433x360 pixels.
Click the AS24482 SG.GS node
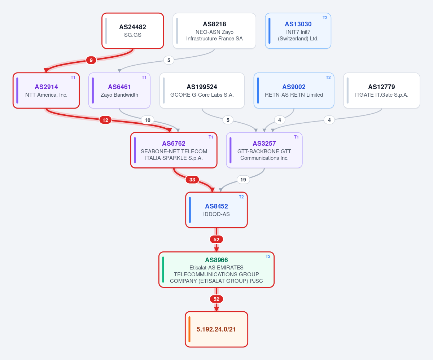pos(133,31)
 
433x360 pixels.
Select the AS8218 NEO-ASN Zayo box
pos(214,31)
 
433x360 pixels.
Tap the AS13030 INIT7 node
pos(298,31)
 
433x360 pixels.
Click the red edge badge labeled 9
pos(91,60)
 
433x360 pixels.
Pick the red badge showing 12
pos(105,120)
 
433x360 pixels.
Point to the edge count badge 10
pos(148,120)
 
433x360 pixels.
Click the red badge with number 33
pos(192,180)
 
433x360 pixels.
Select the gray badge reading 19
pos(243,180)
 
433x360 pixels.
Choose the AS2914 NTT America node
pos(46,91)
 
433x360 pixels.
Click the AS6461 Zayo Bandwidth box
pos(119,91)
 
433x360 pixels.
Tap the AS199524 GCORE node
pos(202,91)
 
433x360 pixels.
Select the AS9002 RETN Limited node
pos(294,91)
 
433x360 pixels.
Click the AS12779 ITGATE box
pos(381,91)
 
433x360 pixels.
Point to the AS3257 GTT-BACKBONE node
pos(264,150)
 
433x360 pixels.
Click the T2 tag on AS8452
pos(241,197)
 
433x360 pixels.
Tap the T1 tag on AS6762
pos(211,137)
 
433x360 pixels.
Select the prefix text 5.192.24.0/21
pos(216,329)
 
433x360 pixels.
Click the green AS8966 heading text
pos(216,260)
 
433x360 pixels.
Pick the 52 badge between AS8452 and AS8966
pos(216,240)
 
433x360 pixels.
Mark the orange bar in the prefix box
pos(189,329)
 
